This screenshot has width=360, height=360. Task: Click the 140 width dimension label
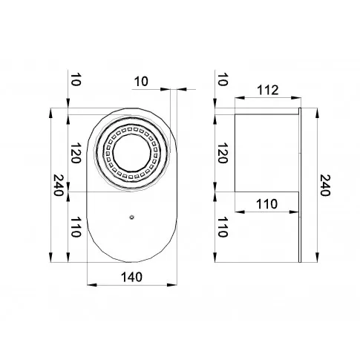click(x=131, y=277)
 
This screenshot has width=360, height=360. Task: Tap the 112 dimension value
click(x=268, y=90)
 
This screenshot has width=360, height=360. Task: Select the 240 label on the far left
click(x=59, y=185)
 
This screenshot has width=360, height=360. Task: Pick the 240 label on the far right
click(x=325, y=185)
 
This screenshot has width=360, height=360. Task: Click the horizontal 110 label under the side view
click(x=266, y=204)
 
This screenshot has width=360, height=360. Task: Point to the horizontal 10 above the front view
click(x=141, y=82)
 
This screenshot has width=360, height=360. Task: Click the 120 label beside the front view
click(x=76, y=153)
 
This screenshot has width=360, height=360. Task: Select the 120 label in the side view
click(x=222, y=153)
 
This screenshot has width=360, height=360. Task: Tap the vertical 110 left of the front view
click(x=76, y=227)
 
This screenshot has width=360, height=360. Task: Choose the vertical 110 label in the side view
click(x=222, y=227)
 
